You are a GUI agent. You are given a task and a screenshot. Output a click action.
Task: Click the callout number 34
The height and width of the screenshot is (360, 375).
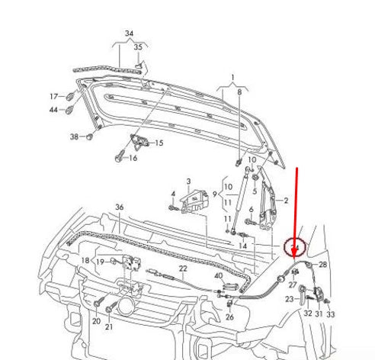coord(129,34)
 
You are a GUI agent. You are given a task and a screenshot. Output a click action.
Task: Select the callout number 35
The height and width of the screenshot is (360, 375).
coord(138,47)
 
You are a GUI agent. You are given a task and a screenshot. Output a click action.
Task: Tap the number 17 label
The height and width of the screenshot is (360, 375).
coord(54,97)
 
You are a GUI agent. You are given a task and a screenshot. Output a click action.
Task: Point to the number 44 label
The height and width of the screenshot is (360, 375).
coord(54,111)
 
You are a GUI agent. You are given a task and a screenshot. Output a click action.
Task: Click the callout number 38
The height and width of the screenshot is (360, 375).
coord(74,137)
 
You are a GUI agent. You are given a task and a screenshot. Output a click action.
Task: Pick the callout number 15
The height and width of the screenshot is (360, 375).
coord(159,143)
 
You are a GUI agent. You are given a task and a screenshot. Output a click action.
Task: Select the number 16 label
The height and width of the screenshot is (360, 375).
coord(133,158)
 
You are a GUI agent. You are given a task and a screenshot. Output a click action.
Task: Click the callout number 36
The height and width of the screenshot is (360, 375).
coord(119,207)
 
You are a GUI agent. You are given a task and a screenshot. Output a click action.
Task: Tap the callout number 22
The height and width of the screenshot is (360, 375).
coord(183,268)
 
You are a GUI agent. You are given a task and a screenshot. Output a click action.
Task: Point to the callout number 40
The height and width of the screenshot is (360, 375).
coord(218,275)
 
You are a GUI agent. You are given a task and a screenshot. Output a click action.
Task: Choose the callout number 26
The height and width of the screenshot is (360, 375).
coord(230,317)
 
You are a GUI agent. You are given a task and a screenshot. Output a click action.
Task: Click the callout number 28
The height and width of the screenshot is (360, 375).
coord(322,265)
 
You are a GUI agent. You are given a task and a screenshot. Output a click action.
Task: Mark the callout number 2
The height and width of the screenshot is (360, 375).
coord(286,201)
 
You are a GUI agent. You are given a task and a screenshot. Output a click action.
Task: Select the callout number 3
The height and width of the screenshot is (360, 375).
coord(188,182)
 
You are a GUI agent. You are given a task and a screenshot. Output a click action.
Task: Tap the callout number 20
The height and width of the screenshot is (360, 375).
coord(96,323)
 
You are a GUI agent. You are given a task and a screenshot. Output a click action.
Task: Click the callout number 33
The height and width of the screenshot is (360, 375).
coord(330,313)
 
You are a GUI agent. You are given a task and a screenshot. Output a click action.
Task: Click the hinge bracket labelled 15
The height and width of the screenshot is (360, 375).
coord(140,142)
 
